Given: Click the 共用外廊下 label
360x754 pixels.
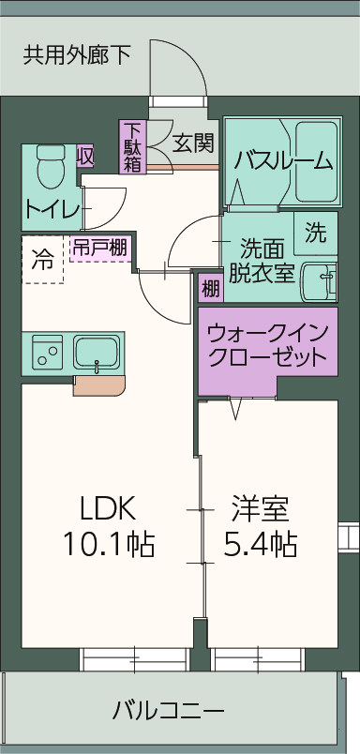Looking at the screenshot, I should pos(77,55).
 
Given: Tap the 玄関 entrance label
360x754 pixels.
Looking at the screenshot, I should pos(194,143).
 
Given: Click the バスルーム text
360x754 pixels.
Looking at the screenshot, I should pos(284,160).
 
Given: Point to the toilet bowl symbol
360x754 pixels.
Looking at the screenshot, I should pos(47,167).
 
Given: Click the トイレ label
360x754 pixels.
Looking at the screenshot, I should pos(52,208).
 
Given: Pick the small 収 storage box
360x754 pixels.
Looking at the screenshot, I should pos(85,156).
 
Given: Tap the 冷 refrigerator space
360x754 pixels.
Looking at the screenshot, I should pos(42,260).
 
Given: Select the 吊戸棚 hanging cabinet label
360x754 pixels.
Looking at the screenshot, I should pos(100,249).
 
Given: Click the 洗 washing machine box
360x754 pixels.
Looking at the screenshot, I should pos(315,231).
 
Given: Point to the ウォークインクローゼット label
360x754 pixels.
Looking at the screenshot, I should pos(267,344).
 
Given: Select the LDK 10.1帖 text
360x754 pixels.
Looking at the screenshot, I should pos(108,525).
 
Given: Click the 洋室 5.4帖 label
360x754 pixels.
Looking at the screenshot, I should pos(260,525).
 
